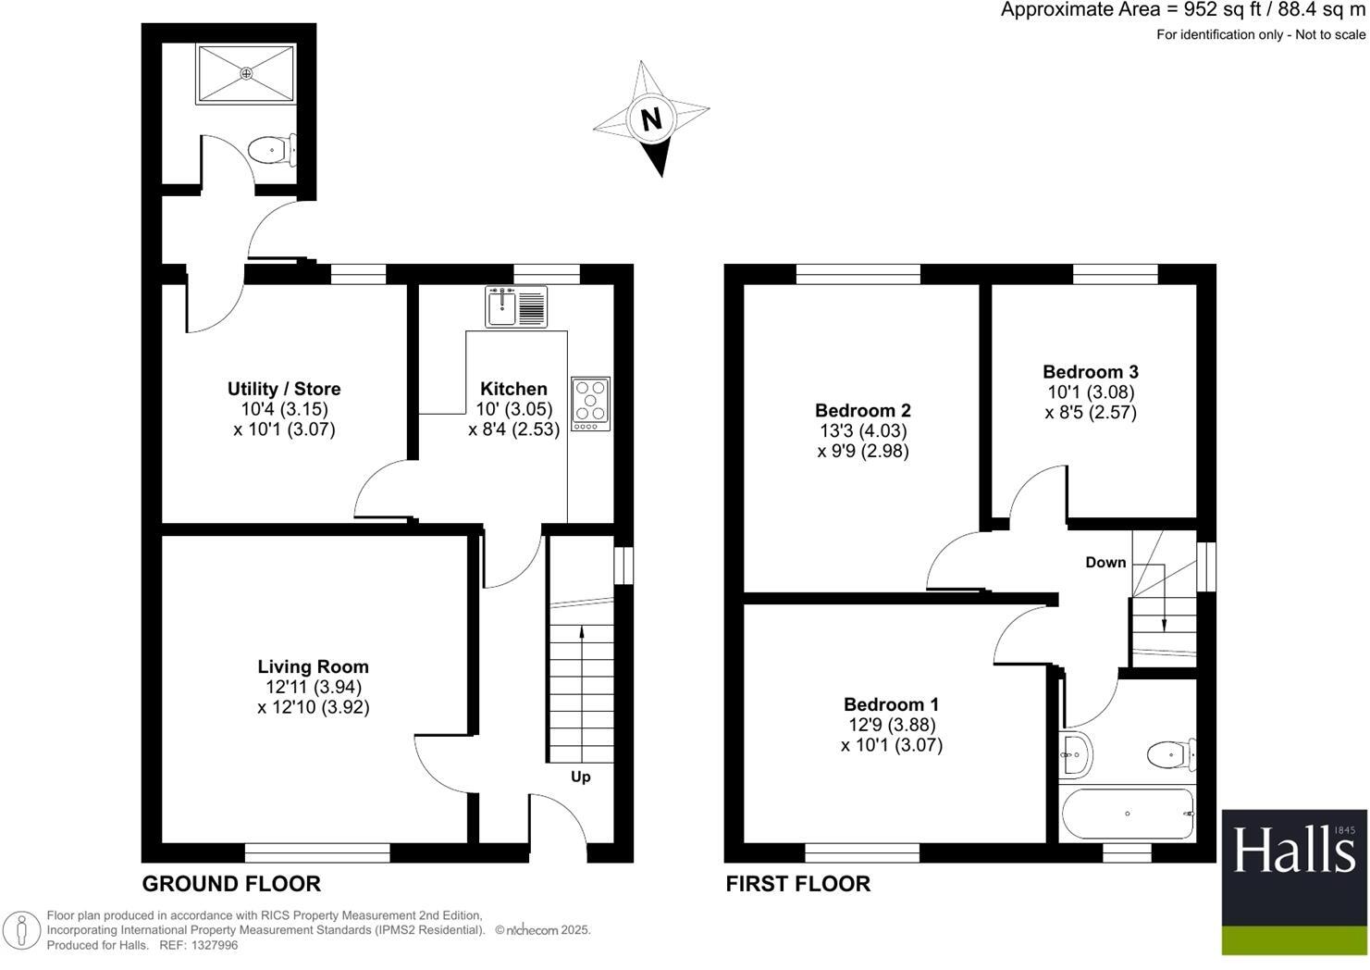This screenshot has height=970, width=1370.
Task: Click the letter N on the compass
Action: [651, 119]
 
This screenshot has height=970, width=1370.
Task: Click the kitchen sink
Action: [516, 306]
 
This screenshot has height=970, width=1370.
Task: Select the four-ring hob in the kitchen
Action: [590, 403]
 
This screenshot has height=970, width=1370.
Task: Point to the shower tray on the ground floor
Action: [246, 74]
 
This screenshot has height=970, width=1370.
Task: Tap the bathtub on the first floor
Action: [1128, 814]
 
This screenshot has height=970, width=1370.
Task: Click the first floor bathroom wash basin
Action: [1076, 753]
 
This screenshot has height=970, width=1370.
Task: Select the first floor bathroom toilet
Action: [1171, 755]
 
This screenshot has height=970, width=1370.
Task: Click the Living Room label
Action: [313, 666]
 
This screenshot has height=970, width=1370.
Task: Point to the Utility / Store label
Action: [284, 389]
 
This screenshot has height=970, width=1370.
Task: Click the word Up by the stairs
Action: [580, 777]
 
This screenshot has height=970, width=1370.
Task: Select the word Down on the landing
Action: [1105, 562]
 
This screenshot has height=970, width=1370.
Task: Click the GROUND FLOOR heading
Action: [231, 884]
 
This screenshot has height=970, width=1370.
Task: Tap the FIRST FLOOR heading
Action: [797, 884]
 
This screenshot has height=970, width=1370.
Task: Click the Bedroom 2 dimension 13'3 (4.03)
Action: [862, 431]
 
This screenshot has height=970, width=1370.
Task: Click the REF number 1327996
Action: [212, 945]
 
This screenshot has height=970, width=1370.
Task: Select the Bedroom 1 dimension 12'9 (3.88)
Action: [891, 725]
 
